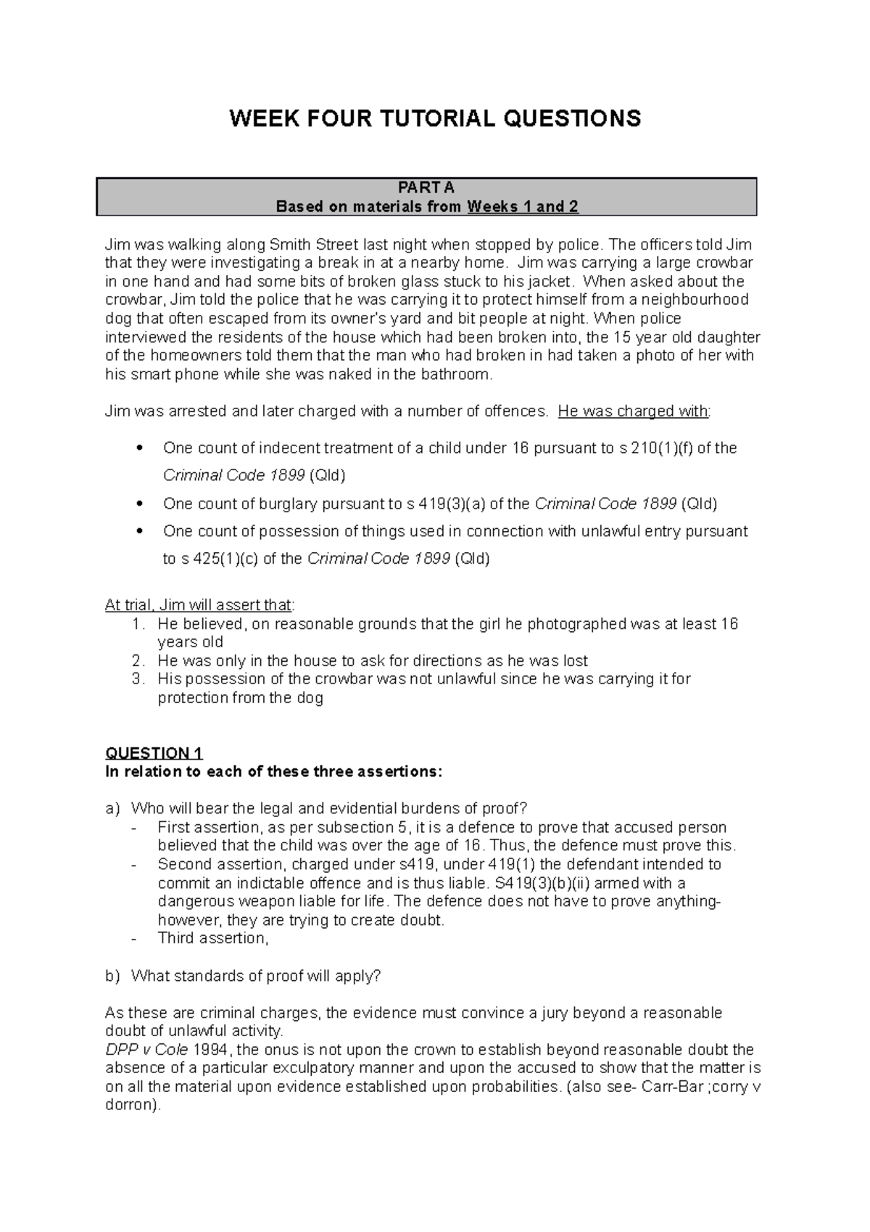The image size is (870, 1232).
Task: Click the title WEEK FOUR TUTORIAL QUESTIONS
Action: (435, 118)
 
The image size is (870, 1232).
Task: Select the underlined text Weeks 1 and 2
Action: (523, 207)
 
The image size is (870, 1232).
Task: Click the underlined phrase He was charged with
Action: (634, 411)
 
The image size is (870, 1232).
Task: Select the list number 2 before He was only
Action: (139, 661)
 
